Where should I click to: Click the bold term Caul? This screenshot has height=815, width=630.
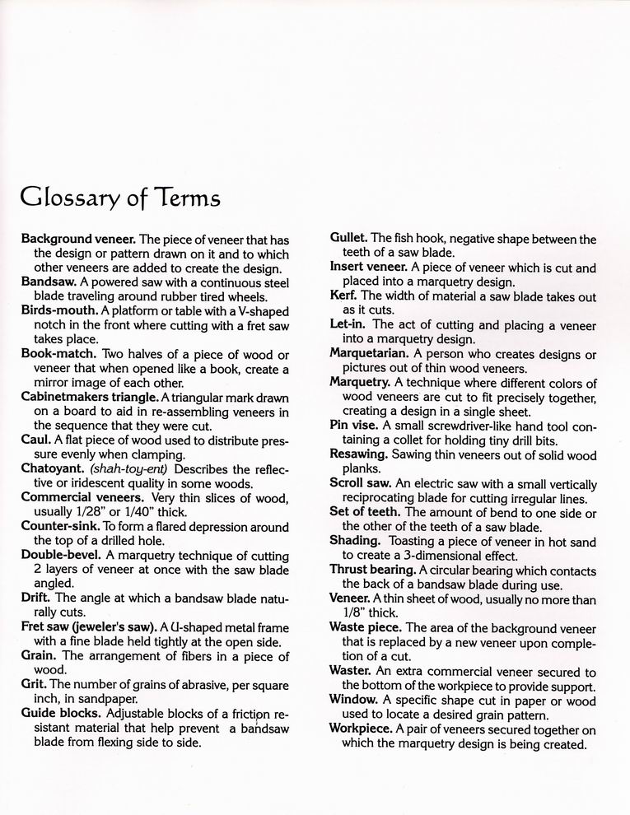click(36, 440)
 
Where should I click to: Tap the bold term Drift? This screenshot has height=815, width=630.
click(37, 598)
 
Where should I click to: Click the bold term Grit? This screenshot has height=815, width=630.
click(35, 683)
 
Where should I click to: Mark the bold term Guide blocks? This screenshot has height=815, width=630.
click(61, 713)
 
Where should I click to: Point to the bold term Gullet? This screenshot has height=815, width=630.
click(349, 239)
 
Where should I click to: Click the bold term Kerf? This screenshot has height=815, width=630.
click(343, 296)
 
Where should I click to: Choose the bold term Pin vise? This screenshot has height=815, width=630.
click(354, 425)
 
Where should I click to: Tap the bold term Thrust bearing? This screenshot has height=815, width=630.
click(371, 570)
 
